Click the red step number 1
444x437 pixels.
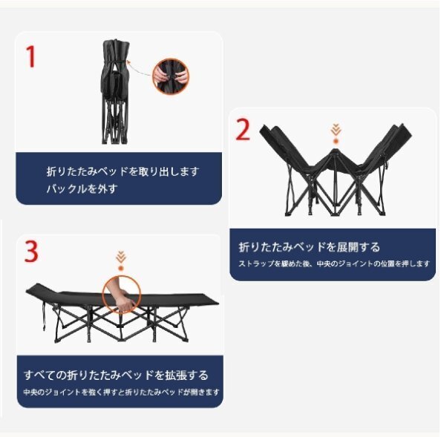point(30,57)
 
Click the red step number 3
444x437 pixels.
point(31,252)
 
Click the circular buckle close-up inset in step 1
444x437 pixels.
point(171,76)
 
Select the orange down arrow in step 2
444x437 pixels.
point(336,132)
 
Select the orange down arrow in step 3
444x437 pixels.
point(120,257)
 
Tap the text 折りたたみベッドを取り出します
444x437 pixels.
point(123,171)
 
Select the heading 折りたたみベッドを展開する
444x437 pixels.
point(309,247)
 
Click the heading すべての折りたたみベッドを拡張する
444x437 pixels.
point(115,375)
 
